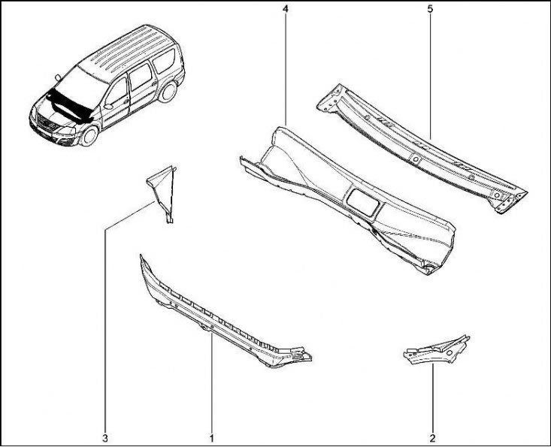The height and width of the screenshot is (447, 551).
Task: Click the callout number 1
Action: (212, 438)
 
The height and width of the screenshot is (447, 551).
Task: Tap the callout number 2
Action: (432, 438)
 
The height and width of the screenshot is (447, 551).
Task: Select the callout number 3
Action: (105, 438)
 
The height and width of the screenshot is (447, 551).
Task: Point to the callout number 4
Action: (286, 9)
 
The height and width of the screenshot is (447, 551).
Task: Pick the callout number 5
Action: (431, 9)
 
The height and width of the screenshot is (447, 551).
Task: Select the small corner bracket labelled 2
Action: (437, 350)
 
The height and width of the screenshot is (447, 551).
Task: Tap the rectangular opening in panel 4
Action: (362, 203)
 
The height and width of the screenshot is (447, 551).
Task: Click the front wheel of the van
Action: (89, 136)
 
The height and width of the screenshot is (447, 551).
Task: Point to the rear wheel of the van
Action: (168, 92)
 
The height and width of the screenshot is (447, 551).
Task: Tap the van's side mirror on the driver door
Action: (108, 106)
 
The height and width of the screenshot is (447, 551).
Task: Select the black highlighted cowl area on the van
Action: (69, 105)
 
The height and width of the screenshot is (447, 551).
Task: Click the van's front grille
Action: (47, 123)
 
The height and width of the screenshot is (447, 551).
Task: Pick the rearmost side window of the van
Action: (164, 61)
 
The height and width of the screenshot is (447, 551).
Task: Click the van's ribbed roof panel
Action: (126, 50)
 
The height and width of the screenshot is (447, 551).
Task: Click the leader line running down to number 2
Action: (432, 398)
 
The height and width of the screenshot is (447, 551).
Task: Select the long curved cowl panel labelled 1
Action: (225, 316)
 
